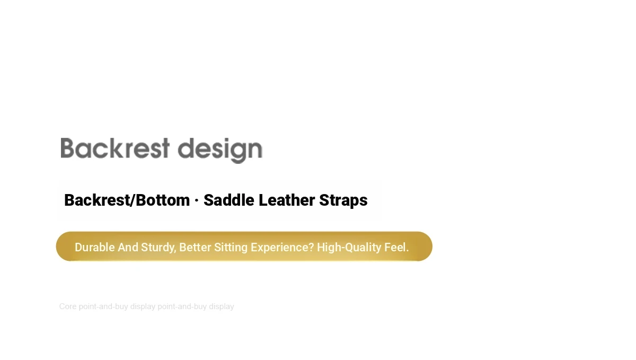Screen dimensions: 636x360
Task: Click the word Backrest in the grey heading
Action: tap(115, 148)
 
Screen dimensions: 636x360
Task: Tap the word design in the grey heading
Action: tap(220, 151)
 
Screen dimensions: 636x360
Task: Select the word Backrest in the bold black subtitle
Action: tap(96, 200)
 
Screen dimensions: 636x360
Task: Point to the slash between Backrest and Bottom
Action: tap(132, 200)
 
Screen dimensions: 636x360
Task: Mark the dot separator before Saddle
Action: tap(197, 200)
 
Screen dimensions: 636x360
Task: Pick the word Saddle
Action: tap(229, 200)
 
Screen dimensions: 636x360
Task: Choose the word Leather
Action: tap(287, 200)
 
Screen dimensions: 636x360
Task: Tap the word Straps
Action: tap(343, 201)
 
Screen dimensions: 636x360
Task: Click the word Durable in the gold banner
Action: tap(95, 247)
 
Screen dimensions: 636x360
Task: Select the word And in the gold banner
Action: tap(128, 247)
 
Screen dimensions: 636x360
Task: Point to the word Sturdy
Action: tap(157, 248)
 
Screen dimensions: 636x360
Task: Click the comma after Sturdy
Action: tap(175, 251)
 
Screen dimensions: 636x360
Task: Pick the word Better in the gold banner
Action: tap(195, 247)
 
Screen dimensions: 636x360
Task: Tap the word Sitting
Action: tap(231, 248)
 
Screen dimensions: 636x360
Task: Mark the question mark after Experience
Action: tap(311, 247)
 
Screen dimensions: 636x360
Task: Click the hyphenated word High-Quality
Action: tap(349, 248)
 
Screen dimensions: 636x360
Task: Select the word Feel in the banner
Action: tap(395, 247)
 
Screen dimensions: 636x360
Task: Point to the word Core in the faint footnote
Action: tap(68, 306)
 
